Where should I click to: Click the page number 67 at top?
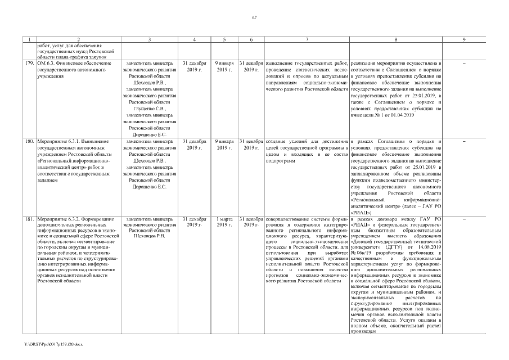point(254,19)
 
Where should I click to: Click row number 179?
point(30,64)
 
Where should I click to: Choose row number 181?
point(30,218)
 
